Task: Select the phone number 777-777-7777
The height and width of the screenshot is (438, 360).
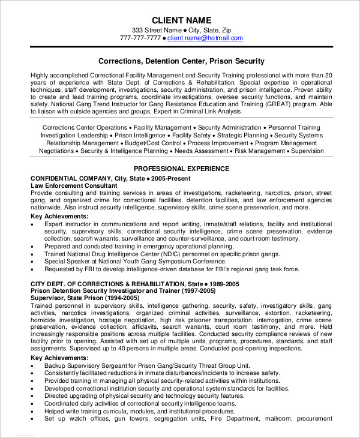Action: click(x=140, y=38)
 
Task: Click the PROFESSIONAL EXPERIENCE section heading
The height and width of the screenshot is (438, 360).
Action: click(x=181, y=169)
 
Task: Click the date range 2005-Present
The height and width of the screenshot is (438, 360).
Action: click(x=173, y=179)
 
